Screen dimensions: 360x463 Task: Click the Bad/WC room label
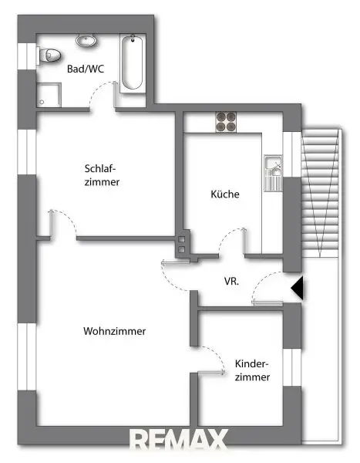86,69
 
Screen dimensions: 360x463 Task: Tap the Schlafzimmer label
102,175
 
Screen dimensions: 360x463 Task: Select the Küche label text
225,194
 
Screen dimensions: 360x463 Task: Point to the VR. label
231,281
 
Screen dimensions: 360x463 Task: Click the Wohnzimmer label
115,331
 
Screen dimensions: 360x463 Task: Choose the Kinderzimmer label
252,370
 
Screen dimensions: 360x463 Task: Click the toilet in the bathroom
49,55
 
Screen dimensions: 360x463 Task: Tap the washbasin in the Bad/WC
86,40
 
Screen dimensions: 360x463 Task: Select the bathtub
133,63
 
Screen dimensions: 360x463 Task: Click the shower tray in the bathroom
49,95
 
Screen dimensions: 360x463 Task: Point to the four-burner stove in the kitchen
226,122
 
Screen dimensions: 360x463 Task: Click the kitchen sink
273,173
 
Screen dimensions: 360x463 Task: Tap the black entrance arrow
297,288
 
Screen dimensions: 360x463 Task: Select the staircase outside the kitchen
320,193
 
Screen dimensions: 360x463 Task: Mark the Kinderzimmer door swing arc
212,359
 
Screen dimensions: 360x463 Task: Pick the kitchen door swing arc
231,239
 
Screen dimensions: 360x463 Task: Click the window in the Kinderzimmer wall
292,367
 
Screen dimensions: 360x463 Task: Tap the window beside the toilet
27,56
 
